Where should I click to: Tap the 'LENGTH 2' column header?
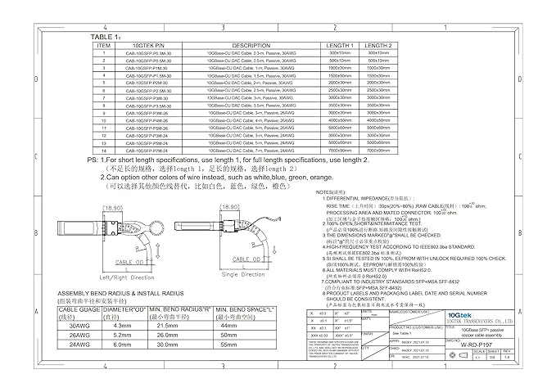377,46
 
